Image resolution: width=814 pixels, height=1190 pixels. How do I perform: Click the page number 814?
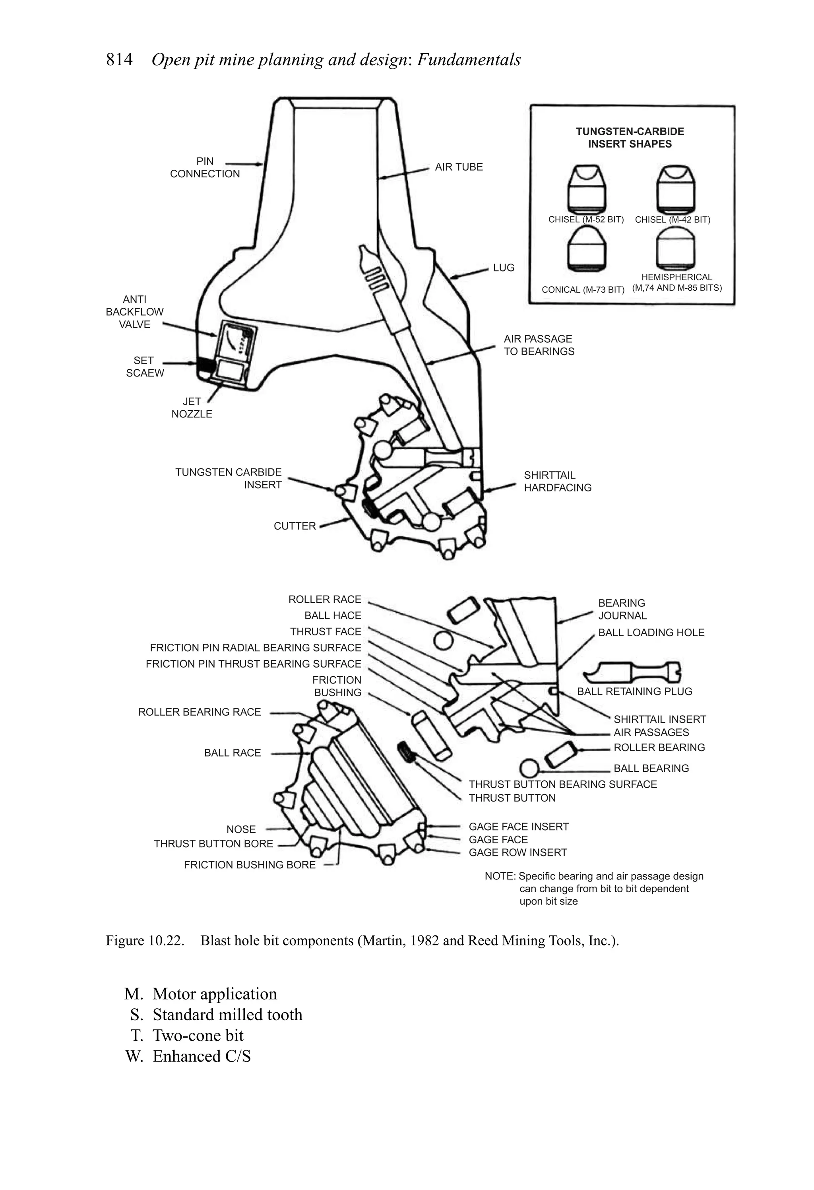(119, 60)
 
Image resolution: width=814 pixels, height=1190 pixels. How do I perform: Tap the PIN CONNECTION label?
(205, 167)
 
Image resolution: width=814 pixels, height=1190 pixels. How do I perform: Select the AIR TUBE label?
(459, 167)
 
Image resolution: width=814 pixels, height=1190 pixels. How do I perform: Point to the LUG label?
(503, 268)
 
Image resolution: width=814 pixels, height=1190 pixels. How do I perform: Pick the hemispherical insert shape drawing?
(676, 247)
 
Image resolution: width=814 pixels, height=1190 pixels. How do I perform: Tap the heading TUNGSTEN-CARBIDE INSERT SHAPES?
(630, 138)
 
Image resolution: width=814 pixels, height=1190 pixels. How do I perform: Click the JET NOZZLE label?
(192, 408)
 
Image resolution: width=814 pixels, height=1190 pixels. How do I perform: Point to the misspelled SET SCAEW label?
(145, 367)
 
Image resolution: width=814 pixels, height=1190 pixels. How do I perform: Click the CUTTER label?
(295, 526)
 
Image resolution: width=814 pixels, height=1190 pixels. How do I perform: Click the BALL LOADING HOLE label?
(651, 633)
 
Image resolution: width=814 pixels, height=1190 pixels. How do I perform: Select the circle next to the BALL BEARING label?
(529, 768)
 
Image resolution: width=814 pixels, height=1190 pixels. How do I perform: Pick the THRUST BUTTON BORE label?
(213, 843)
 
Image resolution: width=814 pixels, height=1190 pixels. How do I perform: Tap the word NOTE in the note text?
(499, 876)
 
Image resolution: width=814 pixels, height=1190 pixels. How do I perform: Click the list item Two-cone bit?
(198, 1035)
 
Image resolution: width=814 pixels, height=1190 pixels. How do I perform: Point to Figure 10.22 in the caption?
(145, 941)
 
